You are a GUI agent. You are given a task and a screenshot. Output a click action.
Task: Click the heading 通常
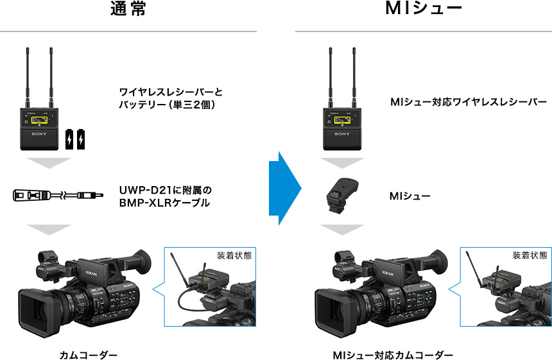(x=128, y=10)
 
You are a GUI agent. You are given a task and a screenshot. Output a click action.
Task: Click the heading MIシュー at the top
(x=424, y=10)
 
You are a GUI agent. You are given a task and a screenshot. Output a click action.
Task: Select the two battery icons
(x=75, y=139)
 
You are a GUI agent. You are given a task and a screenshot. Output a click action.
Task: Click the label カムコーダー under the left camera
(x=89, y=355)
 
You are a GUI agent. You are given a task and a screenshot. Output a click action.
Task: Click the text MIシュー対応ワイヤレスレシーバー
(x=469, y=102)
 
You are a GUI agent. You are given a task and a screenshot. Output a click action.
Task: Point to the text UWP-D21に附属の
(x=165, y=191)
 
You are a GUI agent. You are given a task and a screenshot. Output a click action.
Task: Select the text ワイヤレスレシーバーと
(x=171, y=92)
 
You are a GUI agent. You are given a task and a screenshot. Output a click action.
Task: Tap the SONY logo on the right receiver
(x=341, y=134)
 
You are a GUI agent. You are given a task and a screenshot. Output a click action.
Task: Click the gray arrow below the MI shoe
(x=341, y=229)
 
